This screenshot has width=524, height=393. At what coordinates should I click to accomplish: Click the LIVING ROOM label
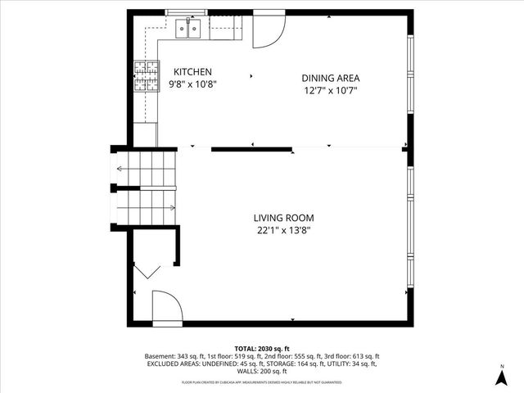tap(283, 218)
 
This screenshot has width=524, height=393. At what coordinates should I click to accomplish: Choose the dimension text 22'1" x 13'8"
tap(283, 230)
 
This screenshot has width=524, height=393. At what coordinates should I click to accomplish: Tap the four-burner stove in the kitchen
tap(145, 78)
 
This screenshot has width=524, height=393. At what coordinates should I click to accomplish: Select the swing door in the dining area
tap(267, 30)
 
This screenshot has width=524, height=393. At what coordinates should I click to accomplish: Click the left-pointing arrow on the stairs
tap(120, 169)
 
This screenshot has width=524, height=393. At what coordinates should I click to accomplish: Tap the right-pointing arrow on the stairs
tap(169, 207)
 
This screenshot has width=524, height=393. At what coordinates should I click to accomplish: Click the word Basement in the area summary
tap(160, 356)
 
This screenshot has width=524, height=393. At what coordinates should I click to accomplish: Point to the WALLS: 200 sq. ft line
tap(263, 371)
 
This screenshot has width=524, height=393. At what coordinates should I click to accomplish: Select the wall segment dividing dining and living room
tap(251, 149)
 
